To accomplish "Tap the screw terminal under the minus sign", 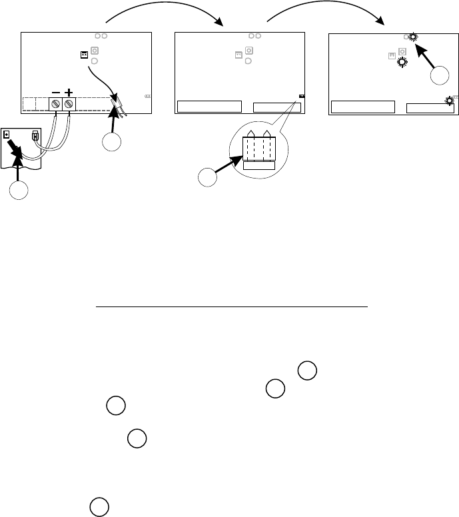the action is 55,104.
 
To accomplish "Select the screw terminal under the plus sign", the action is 69,104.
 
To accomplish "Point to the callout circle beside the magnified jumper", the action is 208,179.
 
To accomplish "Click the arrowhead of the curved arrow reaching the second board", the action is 221,25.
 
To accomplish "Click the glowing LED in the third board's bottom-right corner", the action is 450,101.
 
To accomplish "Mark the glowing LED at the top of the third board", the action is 414,38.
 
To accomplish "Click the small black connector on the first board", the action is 85,54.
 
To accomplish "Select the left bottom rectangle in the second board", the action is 209,107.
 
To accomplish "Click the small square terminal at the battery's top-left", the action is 7,134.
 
